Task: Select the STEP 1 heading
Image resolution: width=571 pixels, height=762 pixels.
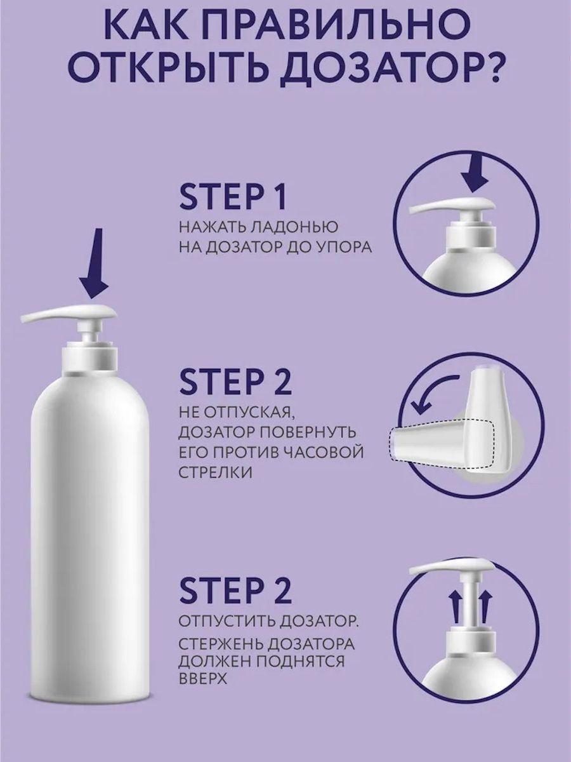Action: (233, 199)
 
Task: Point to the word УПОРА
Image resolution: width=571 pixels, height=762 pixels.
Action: (344, 247)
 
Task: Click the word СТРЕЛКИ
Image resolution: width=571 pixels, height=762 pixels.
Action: (215, 474)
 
